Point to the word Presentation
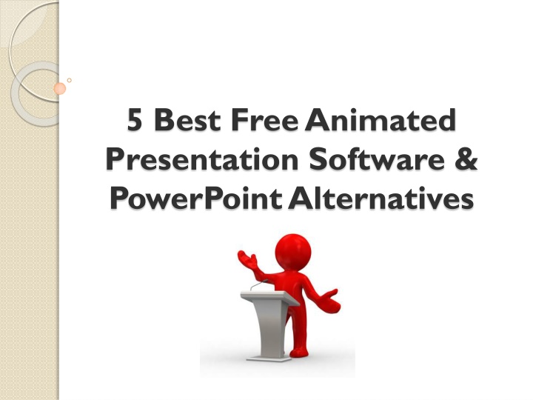(202, 159)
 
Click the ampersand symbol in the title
(466, 159)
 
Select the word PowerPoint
(195, 198)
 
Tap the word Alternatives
(381, 198)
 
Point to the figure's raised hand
(247, 259)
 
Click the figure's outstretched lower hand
(329, 301)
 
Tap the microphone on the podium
(259, 285)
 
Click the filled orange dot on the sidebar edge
(59, 89)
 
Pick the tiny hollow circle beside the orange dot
(70, 80)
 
